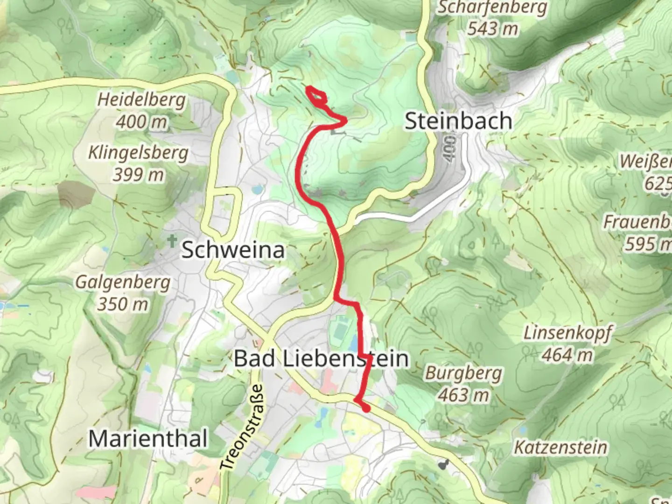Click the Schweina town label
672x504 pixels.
click(x=233, y=250)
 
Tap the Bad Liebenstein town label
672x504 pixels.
click(x=321, y=358)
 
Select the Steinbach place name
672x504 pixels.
click(x=458, y=121)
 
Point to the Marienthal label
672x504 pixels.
click(x=148, y=439)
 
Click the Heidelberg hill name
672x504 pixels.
click(x=141, y=100)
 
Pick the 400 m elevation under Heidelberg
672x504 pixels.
click(x=141, y=122)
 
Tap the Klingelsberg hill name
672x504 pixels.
click(x=138, y=153)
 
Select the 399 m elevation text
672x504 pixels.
click(x=138, y=175)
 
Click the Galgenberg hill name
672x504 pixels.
click(x=123, y=282)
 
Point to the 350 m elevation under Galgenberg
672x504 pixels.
click(x=123, y=304)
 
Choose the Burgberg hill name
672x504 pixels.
click(x=463, y=373)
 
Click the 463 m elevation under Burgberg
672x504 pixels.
click(x=463, y=395)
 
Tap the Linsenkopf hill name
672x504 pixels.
click(x=567, y=333)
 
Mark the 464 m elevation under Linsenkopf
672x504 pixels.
click(x=567, y=355)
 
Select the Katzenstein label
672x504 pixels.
click(x=560, y=448)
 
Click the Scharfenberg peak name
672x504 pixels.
click(x=492, y=7)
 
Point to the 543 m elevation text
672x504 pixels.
click(x=492, y=29)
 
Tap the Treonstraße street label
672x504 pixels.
click(x=242, y=427)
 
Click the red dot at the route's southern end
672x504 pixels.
click(x=366, y=408)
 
